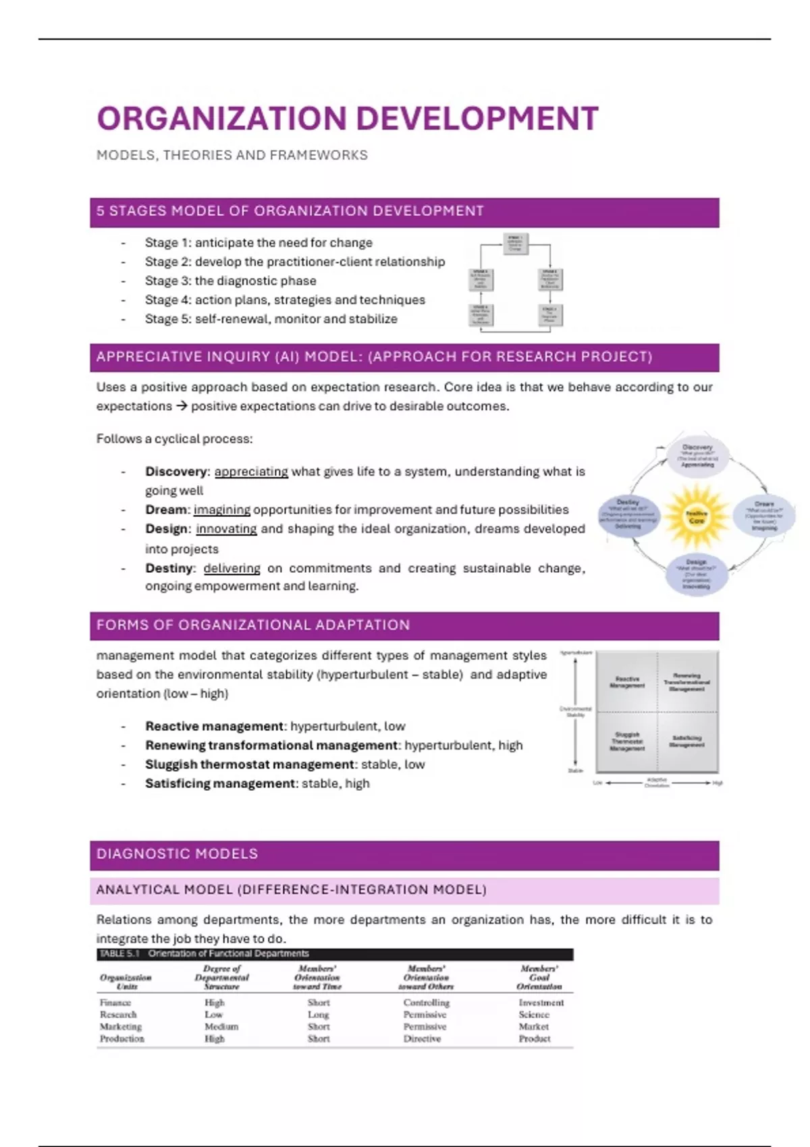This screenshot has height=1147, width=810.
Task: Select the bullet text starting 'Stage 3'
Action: coord(230,281)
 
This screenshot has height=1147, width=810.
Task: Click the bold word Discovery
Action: coord(175,472)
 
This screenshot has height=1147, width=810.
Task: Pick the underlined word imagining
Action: coord(222,510)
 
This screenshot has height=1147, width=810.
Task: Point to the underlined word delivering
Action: coord(232,568)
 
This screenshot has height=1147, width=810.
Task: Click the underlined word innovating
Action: coord(226,529)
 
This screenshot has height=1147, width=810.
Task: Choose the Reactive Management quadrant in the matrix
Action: coord(627,681)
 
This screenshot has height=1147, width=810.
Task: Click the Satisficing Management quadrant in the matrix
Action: coord(686,742)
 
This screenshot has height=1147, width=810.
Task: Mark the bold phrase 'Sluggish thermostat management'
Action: coord(250,764)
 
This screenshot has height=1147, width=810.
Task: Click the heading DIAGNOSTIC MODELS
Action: coord(177,854)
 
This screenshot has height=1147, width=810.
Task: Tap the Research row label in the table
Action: coord(118,1015)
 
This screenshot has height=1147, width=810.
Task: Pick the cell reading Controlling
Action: coord(426,1003)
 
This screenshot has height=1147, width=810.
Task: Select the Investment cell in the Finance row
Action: coord(541,1003)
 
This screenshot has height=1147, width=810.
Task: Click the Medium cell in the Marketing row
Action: coord(221,1027)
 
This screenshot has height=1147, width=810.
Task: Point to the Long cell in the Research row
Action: coord(318,1015)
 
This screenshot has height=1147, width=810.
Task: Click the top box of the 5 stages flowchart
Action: coord(515,243)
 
